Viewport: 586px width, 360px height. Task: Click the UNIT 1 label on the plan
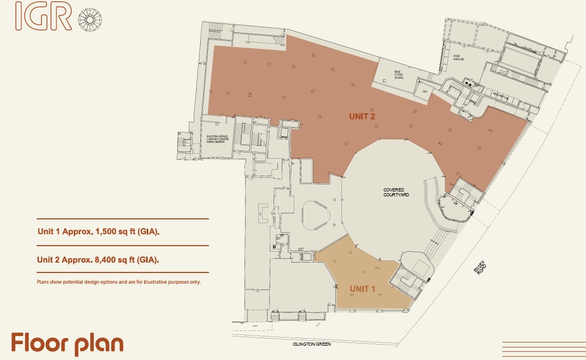[x=362, y=289]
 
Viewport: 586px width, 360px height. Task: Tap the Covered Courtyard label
[x=396, y=193]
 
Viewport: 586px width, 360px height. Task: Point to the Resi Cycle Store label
[x=399, y=74]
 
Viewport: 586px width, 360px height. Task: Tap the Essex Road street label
[x=480, y=269]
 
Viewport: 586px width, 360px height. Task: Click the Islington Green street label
[x=312, y=345]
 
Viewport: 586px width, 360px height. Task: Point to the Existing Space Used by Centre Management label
[x=217, y=138]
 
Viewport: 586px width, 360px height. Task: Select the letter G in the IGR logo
[x=43, y=17]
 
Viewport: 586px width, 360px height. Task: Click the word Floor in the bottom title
[x=38, y=343]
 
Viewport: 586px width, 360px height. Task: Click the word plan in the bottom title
[x=99, y=344]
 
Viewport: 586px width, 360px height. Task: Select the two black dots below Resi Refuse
[x=468, y=84]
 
